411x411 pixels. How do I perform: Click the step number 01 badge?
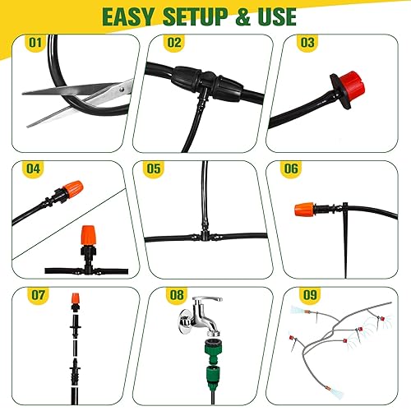click(35, 41)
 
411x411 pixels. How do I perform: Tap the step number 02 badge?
click(173, 41)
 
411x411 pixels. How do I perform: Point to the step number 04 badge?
click(35, 169)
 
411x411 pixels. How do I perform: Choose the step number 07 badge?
click(35, 293)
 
